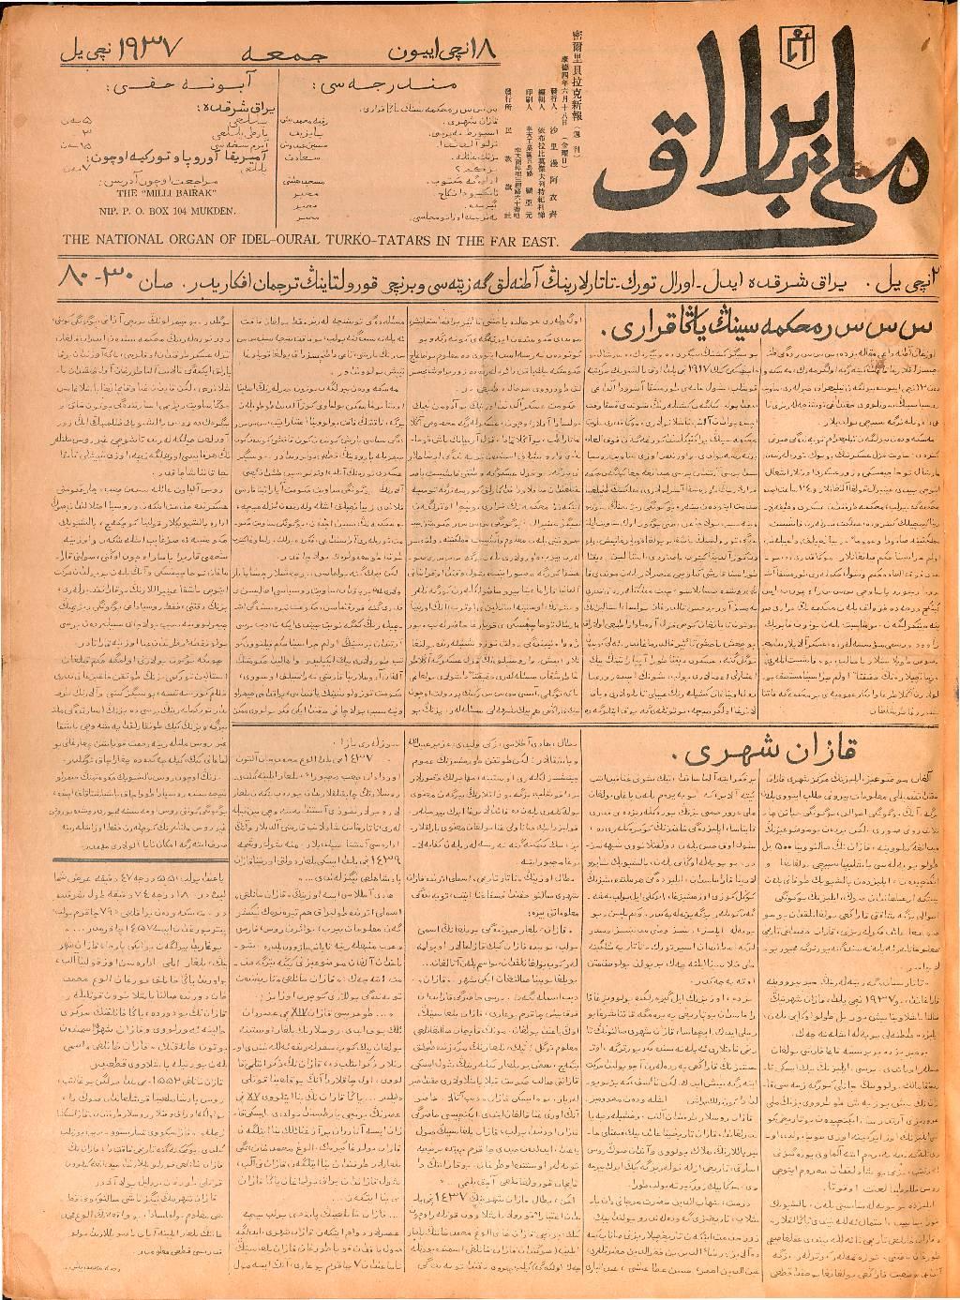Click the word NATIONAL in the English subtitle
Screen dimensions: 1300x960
(x=125, y=239)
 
